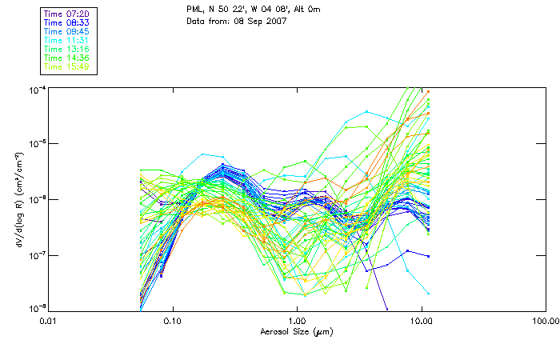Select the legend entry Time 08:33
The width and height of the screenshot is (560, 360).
tap(66, 23)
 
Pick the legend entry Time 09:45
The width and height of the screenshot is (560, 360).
tap(66, 32)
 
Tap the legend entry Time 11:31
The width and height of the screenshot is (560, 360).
tap(66, 41)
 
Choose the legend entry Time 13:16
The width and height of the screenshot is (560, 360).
tap(66, 50)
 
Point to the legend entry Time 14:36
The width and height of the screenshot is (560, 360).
tap(66, 58)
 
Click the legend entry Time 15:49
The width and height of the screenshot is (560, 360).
tap(66, 67)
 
